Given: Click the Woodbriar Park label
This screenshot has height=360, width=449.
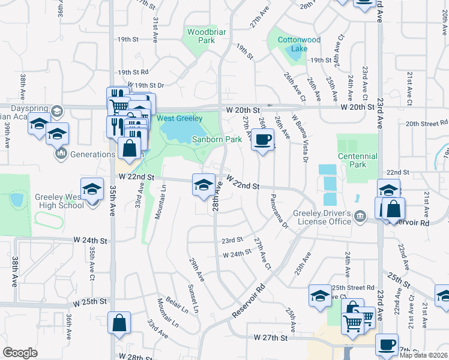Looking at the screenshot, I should coord(200,36).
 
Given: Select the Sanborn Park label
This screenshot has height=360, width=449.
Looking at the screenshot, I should coord(217,139).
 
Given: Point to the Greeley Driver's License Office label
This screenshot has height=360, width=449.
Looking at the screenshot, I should coord(321,217).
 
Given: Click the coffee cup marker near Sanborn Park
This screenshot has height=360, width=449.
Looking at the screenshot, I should coord(262,140).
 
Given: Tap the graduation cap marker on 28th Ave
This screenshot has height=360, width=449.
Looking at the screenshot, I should coord(203,184).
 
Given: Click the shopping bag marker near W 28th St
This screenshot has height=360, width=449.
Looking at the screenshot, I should coord(119,323).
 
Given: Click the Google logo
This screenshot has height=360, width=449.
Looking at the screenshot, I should coord(20,352).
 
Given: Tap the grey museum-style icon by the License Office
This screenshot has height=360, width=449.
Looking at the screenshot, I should coord(360,216).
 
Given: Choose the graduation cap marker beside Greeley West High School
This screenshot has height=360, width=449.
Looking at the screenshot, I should coord(92,188).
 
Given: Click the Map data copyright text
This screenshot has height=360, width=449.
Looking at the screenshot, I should coord(424,355).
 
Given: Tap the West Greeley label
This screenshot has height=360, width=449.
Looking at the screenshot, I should coord(180,118).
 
